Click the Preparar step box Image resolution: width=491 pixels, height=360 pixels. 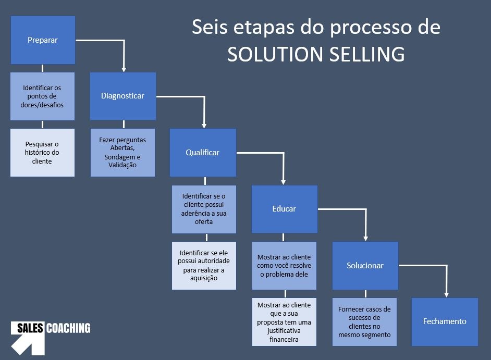(x=43, y=40)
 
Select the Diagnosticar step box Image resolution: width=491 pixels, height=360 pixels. (x=122, y=96)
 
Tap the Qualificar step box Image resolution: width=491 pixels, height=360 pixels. (x=203, y=153)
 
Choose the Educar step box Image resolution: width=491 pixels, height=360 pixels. (x=284, y=209)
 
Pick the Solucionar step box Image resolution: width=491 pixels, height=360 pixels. (x=365, y=266)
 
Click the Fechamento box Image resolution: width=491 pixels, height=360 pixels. (x=445, y=321)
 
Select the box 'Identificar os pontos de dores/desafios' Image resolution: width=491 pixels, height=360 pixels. (x=43, y=96)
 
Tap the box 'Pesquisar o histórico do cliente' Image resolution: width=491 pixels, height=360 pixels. (x=43, y=153)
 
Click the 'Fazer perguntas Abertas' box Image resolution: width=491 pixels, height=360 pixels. (x=122, y=153)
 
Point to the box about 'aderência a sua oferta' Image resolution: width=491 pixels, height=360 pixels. (x=204, y=209)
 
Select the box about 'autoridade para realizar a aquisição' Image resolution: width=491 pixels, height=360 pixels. (x=204, y=266)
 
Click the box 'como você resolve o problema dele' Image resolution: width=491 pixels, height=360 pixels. (x=284, y=266)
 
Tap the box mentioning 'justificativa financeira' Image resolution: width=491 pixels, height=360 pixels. (x=284, y=321)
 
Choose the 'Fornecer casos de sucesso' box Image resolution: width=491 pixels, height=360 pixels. (x=364, y=321)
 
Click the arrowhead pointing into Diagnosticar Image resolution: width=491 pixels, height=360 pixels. (x=124, y=68)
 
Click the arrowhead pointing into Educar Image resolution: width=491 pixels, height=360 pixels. (x=284, y=181)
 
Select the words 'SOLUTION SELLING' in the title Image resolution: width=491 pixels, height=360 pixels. (x=316, y=54)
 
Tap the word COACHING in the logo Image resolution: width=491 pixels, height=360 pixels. (x=68, y=328)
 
